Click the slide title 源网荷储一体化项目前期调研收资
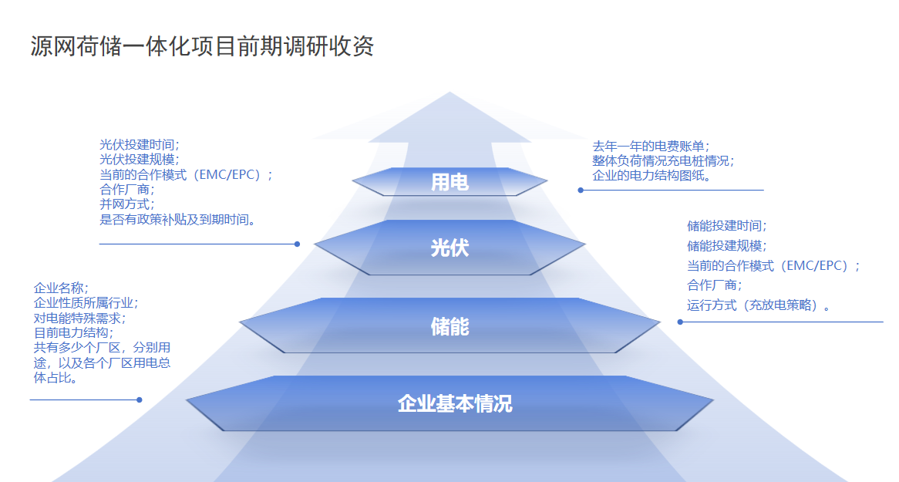click(x=202, y=46)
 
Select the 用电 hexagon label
click(x=450, y=183)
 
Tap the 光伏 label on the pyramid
click(x=450, y=248)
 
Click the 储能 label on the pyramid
click(x=450, y=326)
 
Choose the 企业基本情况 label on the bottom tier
click(x=455, y=404)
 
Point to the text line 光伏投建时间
click(x=140, y=145)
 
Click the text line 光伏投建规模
click(x=140, y=160)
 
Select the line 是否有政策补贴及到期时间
click(x=178, y=219)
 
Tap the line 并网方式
click(x=126, y=204)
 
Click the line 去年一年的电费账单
click(x=652, y=147)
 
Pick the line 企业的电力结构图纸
click(x=652, y=176)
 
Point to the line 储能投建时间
click(x=727, y=226)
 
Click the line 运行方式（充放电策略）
click(x=759, y=305)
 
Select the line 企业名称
click(x=62, y=288)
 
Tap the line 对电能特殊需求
click(x=79, y=318)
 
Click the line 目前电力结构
click(x=73, y=333)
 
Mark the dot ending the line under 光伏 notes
click(x=297, y=244)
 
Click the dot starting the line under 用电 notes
click(x=581, y=190)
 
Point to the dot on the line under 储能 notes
click(x=681, y=322)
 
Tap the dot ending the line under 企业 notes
click(x=140, y=400)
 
